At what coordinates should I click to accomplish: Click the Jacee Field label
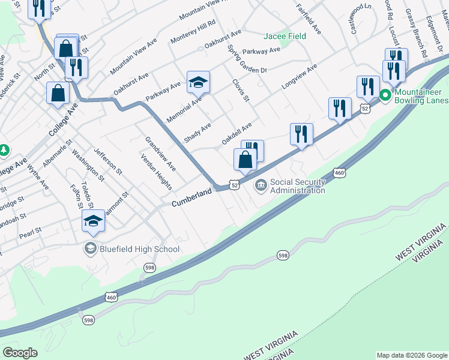pyautogui.click(x=285, y=37)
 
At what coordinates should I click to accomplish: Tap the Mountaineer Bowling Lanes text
pyautogui.click(x=421, y=97)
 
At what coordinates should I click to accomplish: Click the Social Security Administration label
pyautogui.click(x=297, y=186)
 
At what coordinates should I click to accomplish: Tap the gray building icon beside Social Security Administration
pyautogui.click(x=261, y=185)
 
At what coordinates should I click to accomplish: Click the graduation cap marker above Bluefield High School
pyautogui.click(x=93, y=221)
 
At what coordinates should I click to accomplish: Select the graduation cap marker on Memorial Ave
pyautogui.click(x=198, y=82)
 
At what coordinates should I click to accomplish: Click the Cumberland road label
pyautogui.click(x=192, y=199)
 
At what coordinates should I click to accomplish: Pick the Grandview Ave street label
pyautogui.click(x=160, y=154)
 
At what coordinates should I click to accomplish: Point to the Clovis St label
pyautogui.click(x=240, y=88)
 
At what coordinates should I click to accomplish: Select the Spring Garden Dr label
pyautogui.click(x=247, y=62)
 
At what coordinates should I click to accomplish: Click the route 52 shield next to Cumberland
pyautogui.click(x=234, y=186)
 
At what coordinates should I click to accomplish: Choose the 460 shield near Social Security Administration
pyautogui.click(x=340, y=173)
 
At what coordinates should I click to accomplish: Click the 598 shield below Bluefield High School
pyautogui.click(x=149, y=267)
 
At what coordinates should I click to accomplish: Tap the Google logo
pyautogui.click(x=20, y=353)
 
